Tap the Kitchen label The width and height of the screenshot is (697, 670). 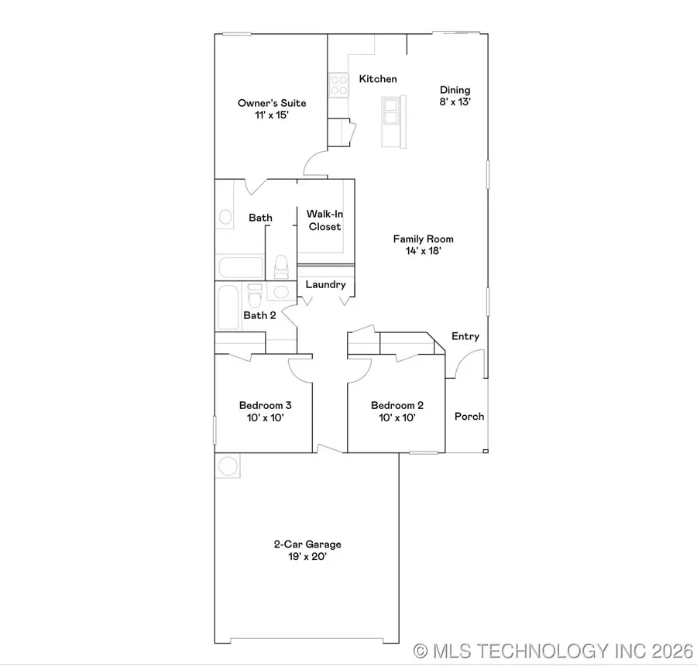pos(378,79)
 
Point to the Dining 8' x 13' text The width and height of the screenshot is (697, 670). pos(455,95)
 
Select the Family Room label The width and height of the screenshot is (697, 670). pos(423,245)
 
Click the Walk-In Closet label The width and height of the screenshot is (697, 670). pos(324,220)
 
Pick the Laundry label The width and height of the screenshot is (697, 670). pos(325,285)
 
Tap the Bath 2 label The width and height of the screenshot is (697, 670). pos(259,315)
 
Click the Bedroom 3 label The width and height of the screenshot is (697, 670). pos(265,411)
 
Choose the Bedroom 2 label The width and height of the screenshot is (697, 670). pos(397,411)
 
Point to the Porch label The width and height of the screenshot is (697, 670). pos(469,417)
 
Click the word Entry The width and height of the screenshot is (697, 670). pos(465,337)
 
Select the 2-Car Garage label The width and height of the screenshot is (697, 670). pos(307,550)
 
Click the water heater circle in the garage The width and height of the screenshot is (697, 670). pos(228,466)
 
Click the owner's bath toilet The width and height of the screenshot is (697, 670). pos(281,266)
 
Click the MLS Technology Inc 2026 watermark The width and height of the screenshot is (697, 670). pos(552,651)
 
